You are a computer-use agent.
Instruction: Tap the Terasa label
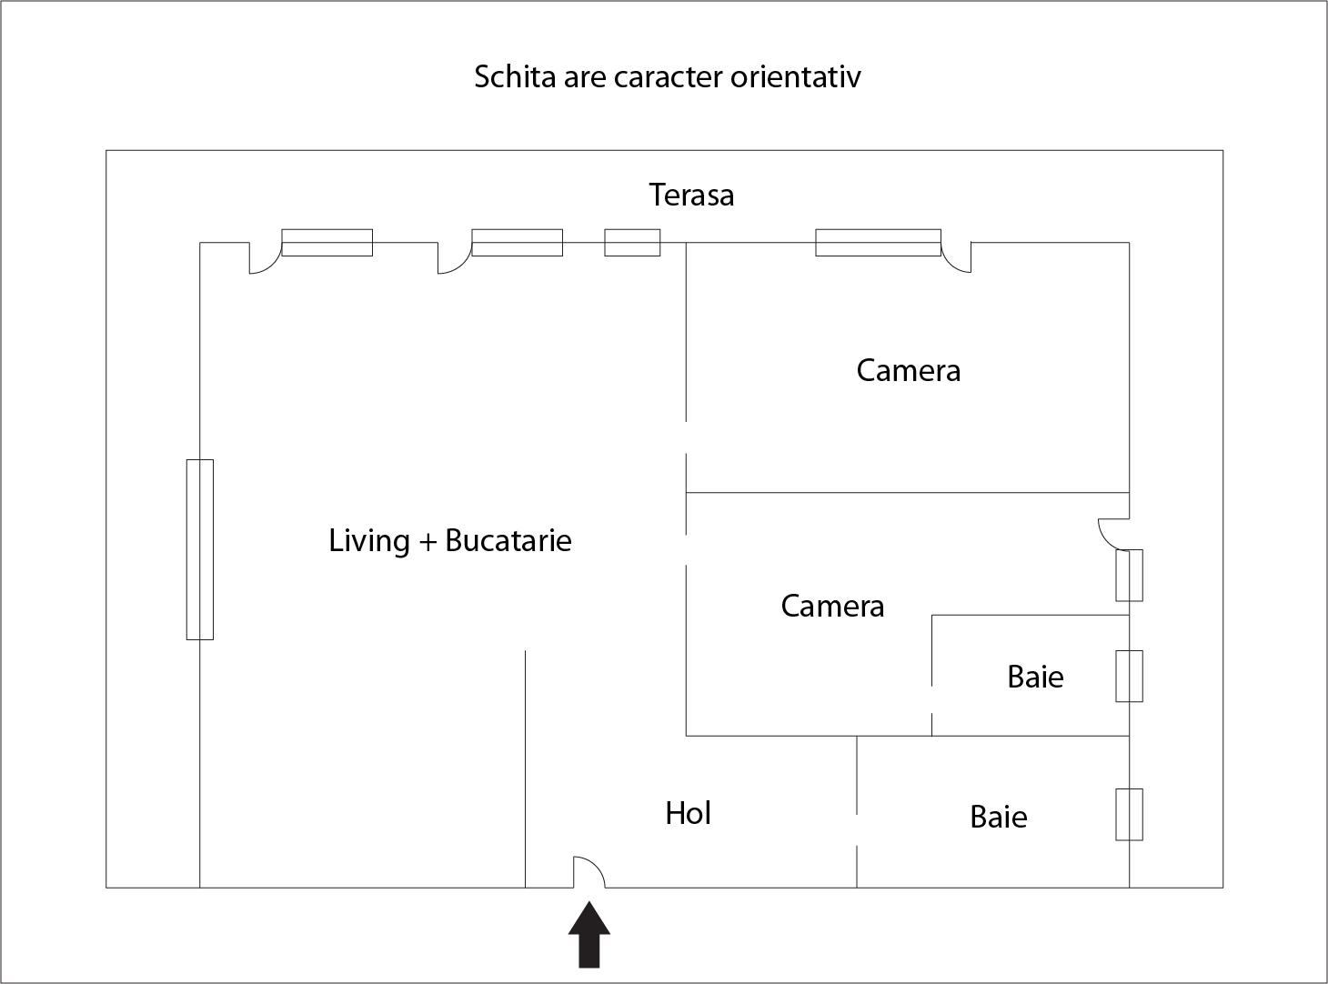pos(691,195)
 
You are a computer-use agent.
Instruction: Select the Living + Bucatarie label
pos(450,540)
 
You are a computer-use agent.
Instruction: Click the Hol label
pos(688,813)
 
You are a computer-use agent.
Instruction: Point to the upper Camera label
pos(908,370)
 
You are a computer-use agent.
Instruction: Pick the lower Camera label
pos(832,606)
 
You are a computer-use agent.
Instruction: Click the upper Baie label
pos(1035,677)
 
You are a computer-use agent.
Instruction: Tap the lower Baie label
pos(999,817)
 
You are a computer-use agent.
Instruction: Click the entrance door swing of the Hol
pos(589,871)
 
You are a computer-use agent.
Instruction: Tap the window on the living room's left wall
pos(200,549)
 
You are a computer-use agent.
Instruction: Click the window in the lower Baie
pos(1129,814)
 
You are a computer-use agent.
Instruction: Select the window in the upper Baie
pos(1129,676)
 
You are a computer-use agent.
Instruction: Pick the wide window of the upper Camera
pos(878,243)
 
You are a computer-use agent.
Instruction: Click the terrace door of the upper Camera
pos(956,257)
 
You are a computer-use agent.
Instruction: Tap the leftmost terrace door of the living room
pos(265,258)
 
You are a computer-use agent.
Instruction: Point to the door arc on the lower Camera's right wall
pos(1113,533)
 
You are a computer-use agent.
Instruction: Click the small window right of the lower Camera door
pos(1129,575)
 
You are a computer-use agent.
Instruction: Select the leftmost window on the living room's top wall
pos(327,243)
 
